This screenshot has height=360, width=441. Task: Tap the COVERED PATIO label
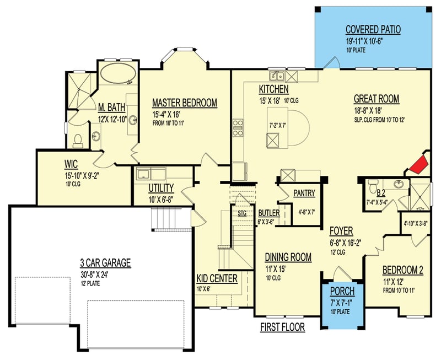pos(373,29)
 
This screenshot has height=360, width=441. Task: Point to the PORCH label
pos(342,291)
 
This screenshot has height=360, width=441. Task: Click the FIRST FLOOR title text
pos(282,327)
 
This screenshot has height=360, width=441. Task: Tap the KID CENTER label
pos(217,279)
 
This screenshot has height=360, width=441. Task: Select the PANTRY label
pos(304,194)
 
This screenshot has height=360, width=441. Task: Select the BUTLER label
pos(268,213)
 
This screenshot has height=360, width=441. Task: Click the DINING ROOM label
pos(288,257)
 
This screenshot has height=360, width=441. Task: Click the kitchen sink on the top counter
pos(276,76)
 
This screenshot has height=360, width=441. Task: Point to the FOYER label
pos(341,230)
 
